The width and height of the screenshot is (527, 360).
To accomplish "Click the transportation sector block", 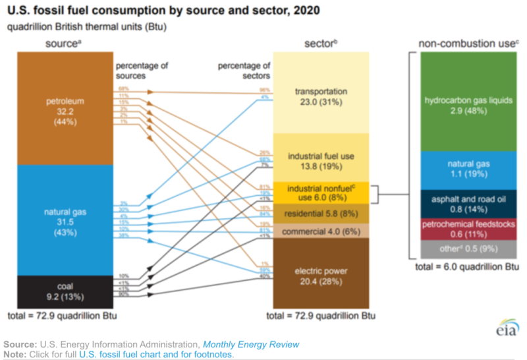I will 321,96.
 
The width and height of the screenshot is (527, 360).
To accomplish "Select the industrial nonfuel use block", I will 321,193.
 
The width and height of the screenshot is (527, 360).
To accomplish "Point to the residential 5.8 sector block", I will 321,214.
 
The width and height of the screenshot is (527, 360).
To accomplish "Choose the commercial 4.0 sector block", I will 321,231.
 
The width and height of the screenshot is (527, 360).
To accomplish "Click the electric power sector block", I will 321,274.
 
